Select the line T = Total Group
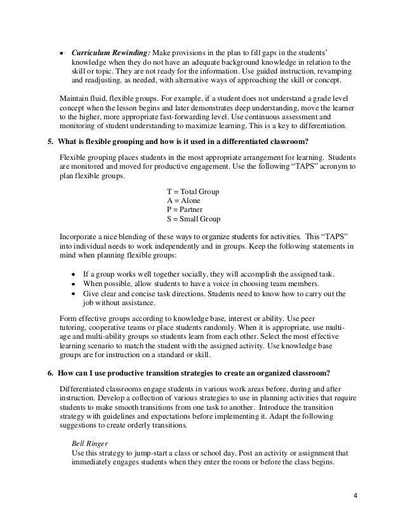point(193,192)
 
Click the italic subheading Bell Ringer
point(91,443)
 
